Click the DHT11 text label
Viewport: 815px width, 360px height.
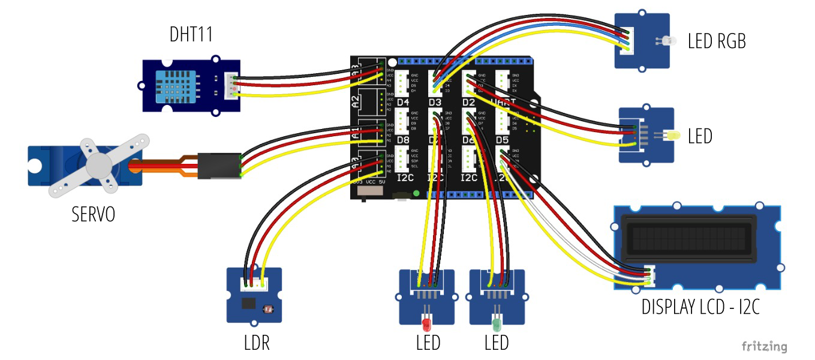tap(191, 35)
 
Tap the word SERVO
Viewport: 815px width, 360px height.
tap(93, 214)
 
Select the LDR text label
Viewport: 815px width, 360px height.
tap(257, 343)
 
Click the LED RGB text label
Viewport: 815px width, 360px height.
tap(717, 41)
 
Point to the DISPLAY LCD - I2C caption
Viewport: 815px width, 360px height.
tap(700, 307)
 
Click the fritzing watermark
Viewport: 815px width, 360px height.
tap(764, 346)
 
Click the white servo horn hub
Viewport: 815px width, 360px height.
tap(98, 163)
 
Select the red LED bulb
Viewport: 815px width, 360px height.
tap(426, 325)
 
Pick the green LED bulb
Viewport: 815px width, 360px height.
tap(496, 325)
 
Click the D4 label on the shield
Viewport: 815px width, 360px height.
tap(403, 103)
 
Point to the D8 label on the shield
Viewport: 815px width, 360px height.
tap(403, 140)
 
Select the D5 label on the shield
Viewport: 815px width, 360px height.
tap(503, 140)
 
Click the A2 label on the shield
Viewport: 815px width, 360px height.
tap(355, 100)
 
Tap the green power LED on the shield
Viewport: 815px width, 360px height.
tap(416, 193)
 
